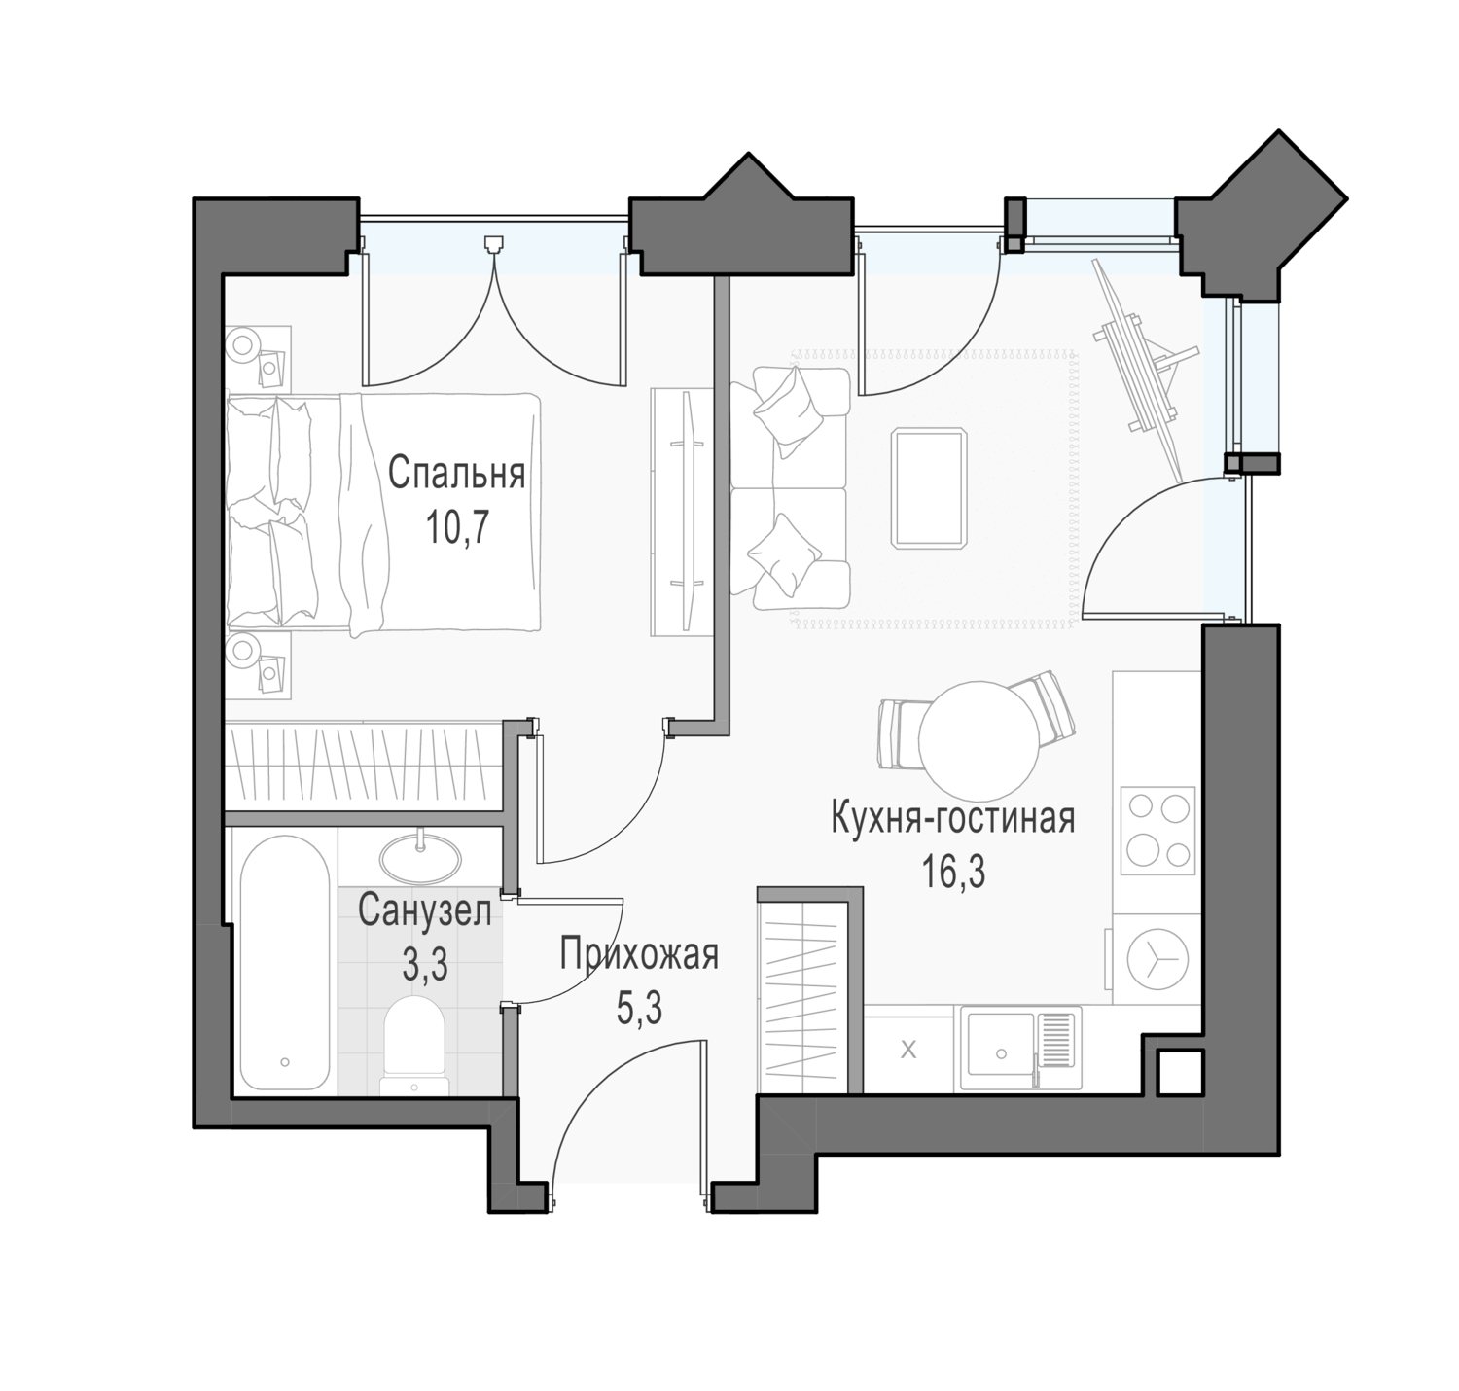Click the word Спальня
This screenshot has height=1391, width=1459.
click(x=455, y=475)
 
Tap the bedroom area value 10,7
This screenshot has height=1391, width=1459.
click(x=456, y=528)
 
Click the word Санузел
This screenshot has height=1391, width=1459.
click(x=424, y=912)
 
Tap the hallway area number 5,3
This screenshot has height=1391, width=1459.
click(x=639, y=1007)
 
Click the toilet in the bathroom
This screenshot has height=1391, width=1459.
click(x=414, y=1046)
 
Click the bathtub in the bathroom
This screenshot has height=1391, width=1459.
click(x=285, y=963)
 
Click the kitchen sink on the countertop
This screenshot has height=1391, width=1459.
click(x=1020, y=1048)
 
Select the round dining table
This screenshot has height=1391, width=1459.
click(x=979, y=740)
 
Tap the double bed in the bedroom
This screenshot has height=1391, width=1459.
click(x=383, y=513)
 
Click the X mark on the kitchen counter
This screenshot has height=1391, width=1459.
click(x=907, y=1050)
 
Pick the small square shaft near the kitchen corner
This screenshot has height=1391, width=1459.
click(x=1179, y=1073)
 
